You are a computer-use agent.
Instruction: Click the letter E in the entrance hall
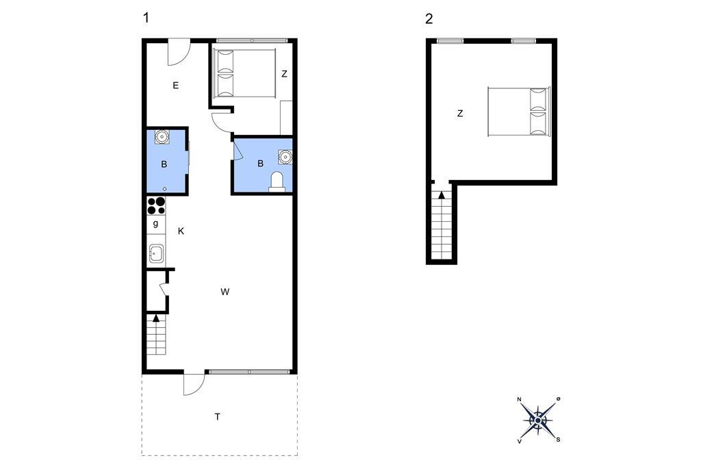pyautogui.click(x=176, y=86)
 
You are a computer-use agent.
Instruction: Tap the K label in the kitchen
pyautogui.click(x=181, y=231)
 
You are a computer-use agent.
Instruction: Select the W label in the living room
pyautogui.click(x=225, y=292)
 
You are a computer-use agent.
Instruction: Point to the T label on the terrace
pyautogui.click(x=218, y=417)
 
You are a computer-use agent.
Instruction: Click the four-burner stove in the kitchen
pyautogui.click(x=156, y=205)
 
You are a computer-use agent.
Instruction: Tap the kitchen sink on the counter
pyautogui.click(x=156, y=254)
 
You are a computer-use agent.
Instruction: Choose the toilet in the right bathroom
pyautogui.click(x=277, y=182)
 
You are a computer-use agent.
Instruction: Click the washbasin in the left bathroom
pyautogui.click(x=162, y=136)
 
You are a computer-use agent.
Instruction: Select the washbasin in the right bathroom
pyautogui.click(x=285, y=157)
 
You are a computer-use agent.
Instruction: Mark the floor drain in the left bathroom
pyautogui.click(x=164, y=189)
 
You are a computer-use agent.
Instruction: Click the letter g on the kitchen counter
pyautogui.click(x=155, y=223)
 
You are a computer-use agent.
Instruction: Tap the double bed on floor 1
pyautogui.click(x=245, y=73)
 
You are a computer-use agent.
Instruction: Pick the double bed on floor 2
pyautogui.click(x=519, y=112)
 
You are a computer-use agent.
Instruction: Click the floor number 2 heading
pyautogui.click(x=429, y=18)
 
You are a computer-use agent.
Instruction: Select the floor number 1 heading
pyautogui.click(x=146, y=18)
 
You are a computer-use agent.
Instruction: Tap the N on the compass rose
pyautogui.click(x=520, y=399)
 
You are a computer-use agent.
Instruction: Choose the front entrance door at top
pyautogui.click(x=179, y=52)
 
